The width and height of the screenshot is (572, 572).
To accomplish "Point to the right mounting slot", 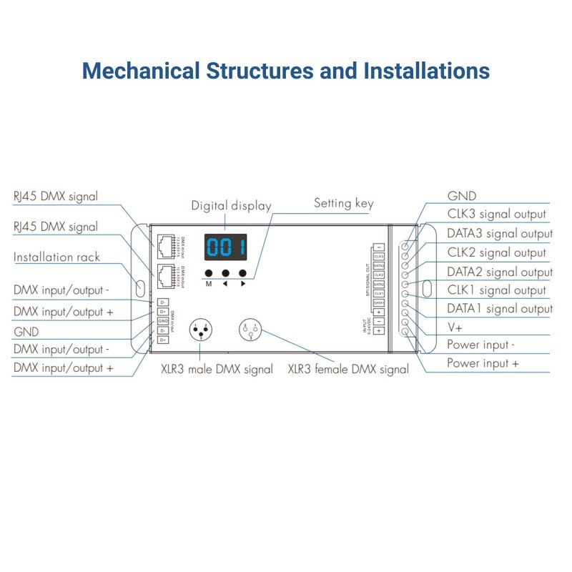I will coord(427,289).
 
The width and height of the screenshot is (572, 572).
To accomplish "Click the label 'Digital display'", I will coord(231,206).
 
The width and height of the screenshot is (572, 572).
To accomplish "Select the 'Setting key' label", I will coord(343,203).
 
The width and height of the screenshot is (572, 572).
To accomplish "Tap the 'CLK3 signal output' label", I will coord(496,214).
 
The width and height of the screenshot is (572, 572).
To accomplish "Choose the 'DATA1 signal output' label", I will coord(499,309).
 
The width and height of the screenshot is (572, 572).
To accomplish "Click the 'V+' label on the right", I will coord(455,327).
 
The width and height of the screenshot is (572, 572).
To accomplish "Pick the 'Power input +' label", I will coord(483,363).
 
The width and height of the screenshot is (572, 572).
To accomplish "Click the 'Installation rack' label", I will coord(56,257).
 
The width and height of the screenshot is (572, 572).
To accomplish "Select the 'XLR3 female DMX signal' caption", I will coord(348,370).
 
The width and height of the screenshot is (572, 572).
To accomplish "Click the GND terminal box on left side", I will coord(163,321).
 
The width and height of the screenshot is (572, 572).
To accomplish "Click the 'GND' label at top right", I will coord(461,196).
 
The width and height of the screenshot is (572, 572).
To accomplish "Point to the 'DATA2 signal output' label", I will coord(499,272).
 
